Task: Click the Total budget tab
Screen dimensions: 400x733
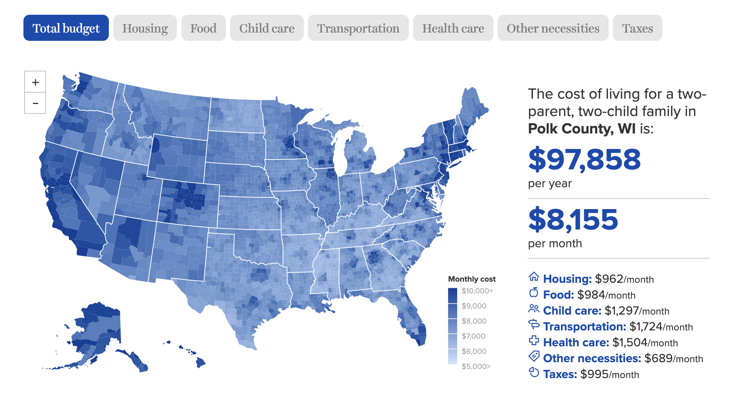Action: (x=66, y=28)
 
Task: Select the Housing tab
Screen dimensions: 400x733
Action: (x=145, y=28)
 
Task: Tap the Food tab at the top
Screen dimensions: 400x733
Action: (x=203, y=28)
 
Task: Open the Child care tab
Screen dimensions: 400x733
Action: (x=267, y=28)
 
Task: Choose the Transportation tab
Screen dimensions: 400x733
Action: (x=358, y=28)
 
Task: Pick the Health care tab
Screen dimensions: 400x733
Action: (x=453, y=28)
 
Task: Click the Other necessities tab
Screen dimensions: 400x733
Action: (x=553, y=28)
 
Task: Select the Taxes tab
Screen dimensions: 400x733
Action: (x=637, y=28)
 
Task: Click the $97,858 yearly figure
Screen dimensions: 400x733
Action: (x=584, y=159)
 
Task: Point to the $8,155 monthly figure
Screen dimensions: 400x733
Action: (x=573, y=219)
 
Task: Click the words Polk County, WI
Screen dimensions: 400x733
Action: (x=581, y=129)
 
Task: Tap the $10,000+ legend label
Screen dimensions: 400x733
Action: (x=477, y=291)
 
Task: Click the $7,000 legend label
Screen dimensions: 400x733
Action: (x=473, y=336)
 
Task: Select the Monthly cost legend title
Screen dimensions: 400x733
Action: (x=472, y=279)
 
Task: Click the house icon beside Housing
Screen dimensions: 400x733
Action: (x=534, y=277)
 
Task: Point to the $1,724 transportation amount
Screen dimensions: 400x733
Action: (x=646, y=326)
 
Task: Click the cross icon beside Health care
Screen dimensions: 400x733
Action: (x=534, y=341)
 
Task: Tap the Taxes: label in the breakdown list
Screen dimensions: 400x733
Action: (x=560, y=374)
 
